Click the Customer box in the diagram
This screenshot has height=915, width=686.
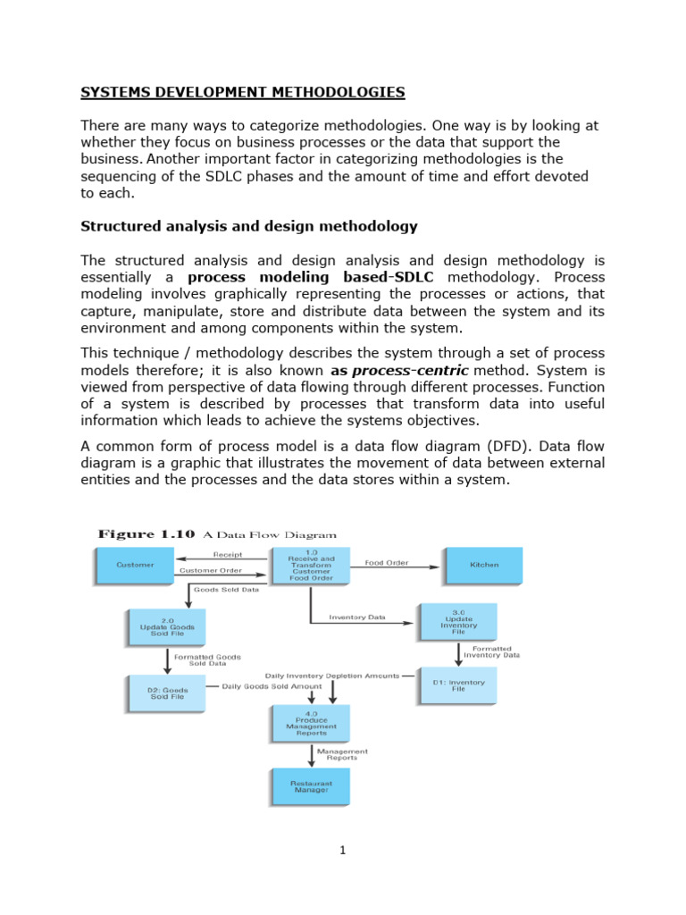pos(134,565)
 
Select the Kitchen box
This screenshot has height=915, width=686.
pos(483,565)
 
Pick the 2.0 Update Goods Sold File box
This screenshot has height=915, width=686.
pos(166,627)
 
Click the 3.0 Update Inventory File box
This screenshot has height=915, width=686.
pos(457,621)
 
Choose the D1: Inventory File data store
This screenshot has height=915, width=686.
pos(457,684)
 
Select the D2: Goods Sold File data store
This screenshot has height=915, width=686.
pos(166,692)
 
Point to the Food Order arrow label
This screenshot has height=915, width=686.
pos(387,562)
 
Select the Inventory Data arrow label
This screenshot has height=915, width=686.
pos(357,617)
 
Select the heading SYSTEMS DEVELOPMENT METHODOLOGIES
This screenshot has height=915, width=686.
pos(243,92)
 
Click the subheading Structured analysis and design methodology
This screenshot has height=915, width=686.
pos(249,226)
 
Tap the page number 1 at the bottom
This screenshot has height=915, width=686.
pos(342,851)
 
